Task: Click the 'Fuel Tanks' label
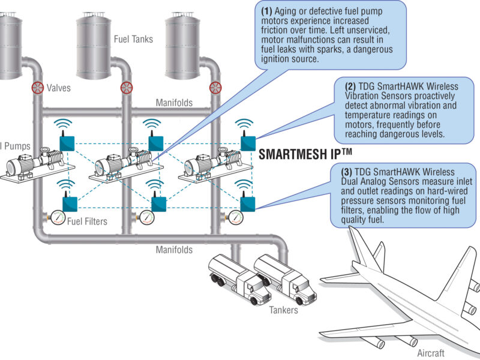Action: click(133, 40)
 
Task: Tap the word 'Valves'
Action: click(59, 88)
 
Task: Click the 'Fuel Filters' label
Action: click(87, 221)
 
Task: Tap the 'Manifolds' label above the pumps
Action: click(174, 103)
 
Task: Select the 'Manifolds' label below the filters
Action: click(174, 249)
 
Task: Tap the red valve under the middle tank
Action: click(126, 88)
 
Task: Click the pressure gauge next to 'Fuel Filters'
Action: click(58, 217)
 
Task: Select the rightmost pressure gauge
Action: click(236, 217)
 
